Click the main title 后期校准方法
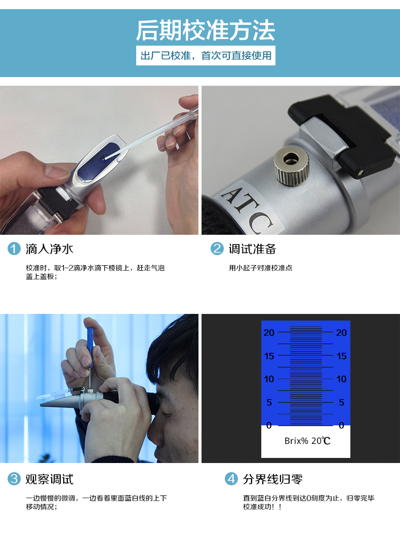205,30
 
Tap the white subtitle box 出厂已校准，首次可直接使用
206,55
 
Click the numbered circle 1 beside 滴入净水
14,249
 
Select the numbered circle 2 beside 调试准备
217,249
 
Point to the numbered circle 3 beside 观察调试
14,479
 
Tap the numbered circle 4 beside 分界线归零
231,479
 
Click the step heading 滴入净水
49,249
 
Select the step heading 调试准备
253,249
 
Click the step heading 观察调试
49,479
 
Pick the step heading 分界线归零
273,479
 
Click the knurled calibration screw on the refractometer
291,165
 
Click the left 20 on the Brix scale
269,333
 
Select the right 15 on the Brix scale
341,356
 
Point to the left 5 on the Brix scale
269,403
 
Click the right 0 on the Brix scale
341,425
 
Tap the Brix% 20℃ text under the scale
307,441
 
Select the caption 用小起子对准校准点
261,268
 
